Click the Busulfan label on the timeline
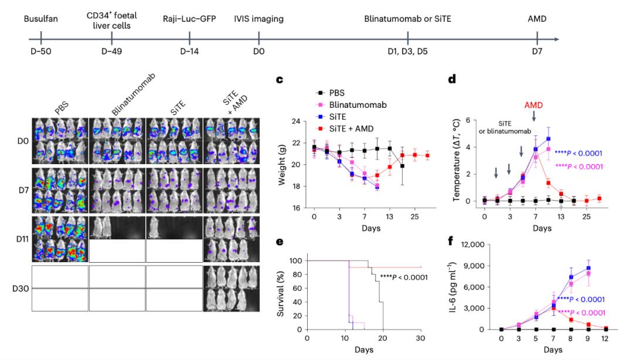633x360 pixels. pyautogui.click(x=41, y=19)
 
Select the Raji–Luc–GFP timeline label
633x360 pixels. pyautogui.click(x=189, y=19)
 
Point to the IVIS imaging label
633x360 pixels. pyautogui.click(x=258, y=19)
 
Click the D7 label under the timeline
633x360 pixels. pyautogui.click(x=537, y=52)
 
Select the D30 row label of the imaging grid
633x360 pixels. pyautogui.click(x=21, y=289)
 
